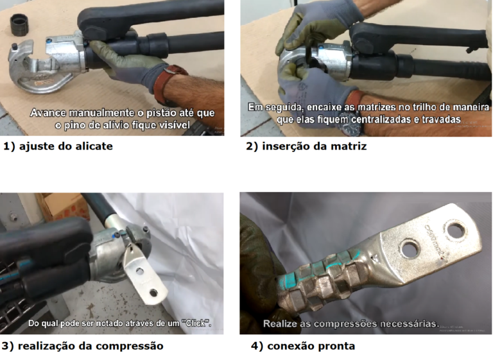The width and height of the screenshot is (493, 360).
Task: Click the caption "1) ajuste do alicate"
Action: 58,146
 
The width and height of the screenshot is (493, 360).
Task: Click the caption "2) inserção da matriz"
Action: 306,146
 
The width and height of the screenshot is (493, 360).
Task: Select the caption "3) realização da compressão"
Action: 82,346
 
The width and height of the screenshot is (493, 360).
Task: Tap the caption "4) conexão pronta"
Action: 302,346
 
